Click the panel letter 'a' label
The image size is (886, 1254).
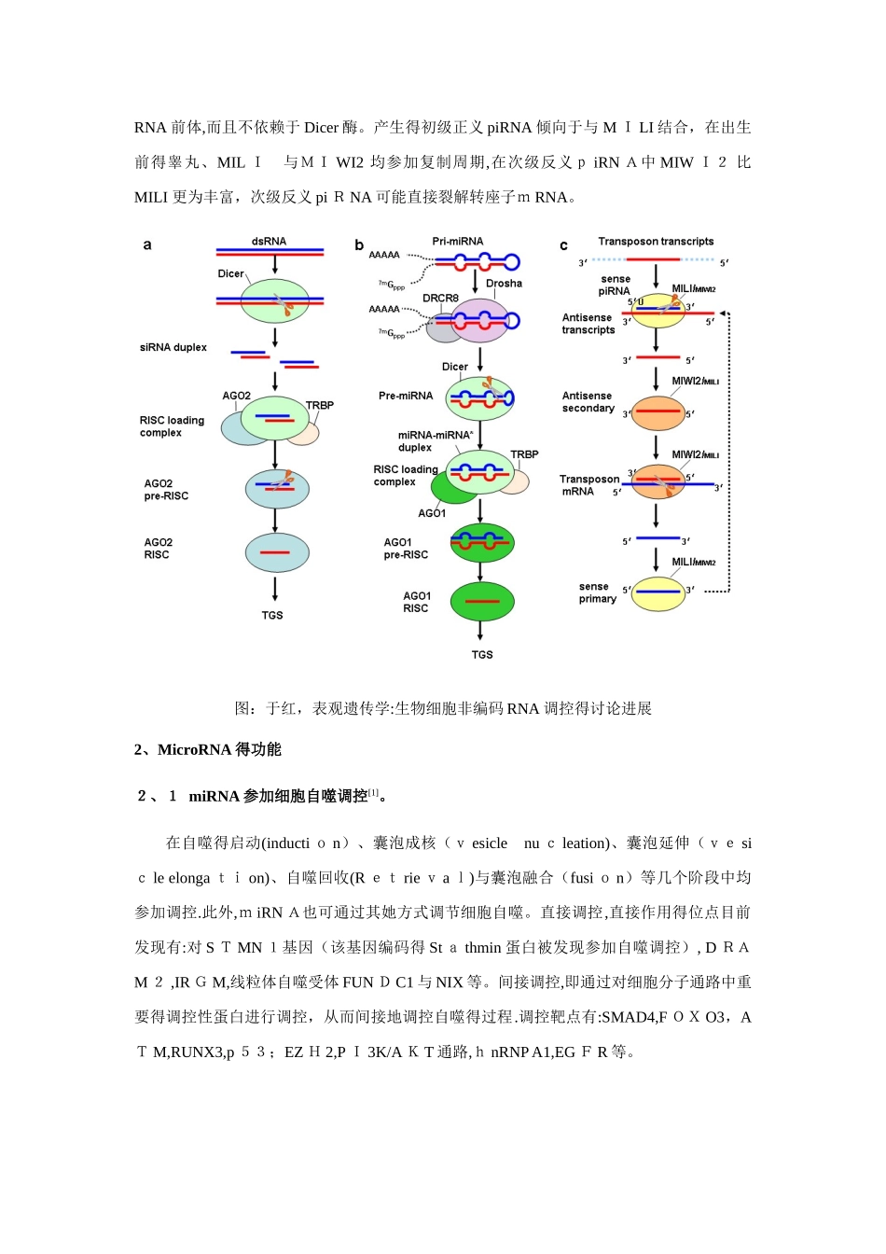click(147, 245)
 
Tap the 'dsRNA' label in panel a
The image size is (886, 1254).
click(269, 242)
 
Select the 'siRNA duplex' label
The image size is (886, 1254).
click(173, 347)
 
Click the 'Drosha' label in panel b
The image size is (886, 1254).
click(504, 284)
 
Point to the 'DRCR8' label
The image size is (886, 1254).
click(440, 299)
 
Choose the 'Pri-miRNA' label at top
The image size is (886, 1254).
click(458, 242)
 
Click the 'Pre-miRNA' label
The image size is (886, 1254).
click(406, 396)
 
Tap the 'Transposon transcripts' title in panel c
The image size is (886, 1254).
click(656, 242)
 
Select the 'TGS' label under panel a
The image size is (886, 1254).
click(272, 616)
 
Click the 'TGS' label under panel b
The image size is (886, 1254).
click(482, 655)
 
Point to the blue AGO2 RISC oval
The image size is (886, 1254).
click(277, 552)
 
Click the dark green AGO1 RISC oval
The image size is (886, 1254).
click(482, 601)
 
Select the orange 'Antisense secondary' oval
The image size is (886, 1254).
click(658, 411)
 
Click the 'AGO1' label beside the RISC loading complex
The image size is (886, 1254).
click(432, 513)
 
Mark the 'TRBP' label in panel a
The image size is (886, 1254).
click(320, 406)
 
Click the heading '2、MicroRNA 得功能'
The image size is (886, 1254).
click(207, 749)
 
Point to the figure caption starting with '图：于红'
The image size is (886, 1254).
click(443, 709)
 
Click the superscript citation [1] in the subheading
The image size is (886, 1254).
click(373, 792)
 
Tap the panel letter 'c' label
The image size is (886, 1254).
click(563, 245)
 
